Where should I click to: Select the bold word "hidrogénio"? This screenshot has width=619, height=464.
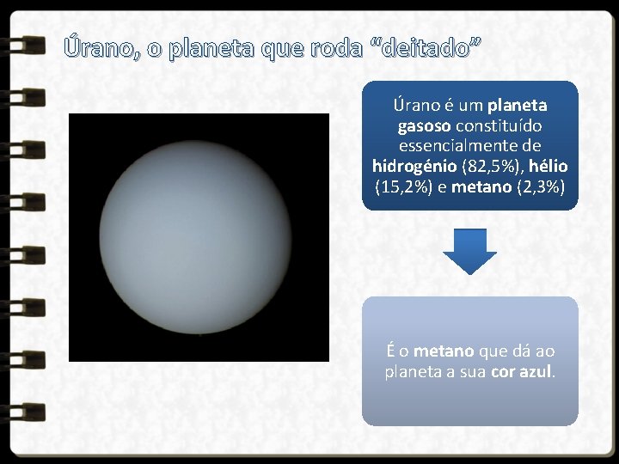point(415,165)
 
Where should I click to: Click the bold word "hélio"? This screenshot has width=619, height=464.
point(549,165)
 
